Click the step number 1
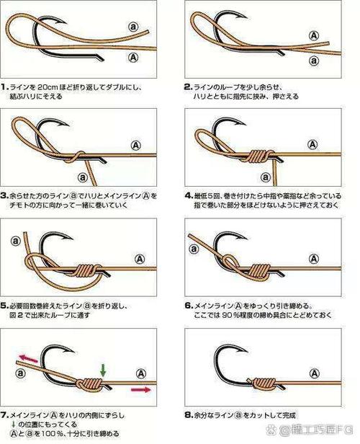coord(5,87)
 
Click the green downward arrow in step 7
coord(104,369)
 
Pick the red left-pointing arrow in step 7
coord(27,358)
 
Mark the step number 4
coord(189,195)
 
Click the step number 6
coord(189,305)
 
